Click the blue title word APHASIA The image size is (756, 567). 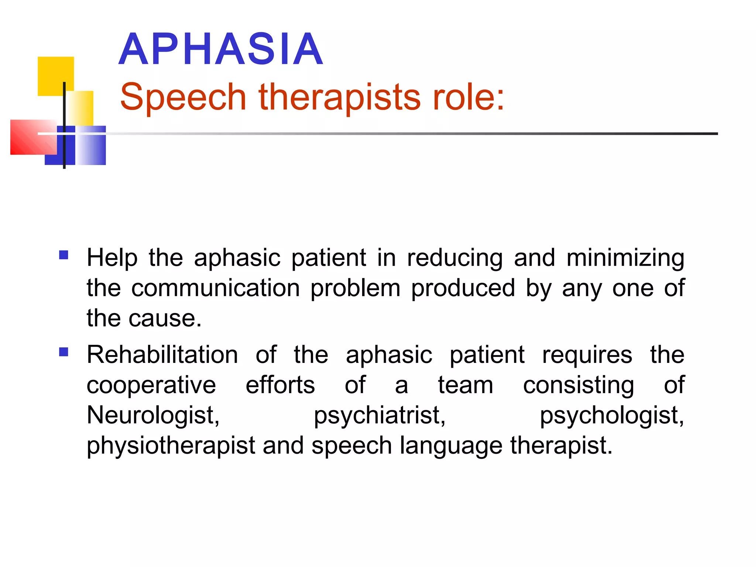click(x=221, y=49)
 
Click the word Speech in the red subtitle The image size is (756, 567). click(x=183, y=97)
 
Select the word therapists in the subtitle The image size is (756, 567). click(x=339, y=97)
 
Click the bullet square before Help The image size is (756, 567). click(x=63, y=255)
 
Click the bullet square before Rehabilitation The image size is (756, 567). click(x=63, y=352)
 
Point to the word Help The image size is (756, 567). click(x=112, y=258)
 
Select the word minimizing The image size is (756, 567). click(x=625, y=258)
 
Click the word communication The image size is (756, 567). click(x=216, y=288)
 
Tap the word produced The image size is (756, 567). click(x=463, y=288)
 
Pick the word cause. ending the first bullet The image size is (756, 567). click(x=165, y=318)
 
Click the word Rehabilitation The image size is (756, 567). click(x=162, y=355)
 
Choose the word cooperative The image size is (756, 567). click(x=151, y=385)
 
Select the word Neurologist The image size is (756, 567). click(x=153, y=415)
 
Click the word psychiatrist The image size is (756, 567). click(x=380, y=415)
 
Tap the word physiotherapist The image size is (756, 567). click(x=171, y=446)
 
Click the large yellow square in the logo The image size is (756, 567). click(x=55, y=76)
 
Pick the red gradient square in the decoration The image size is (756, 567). click(x=33, y=137)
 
